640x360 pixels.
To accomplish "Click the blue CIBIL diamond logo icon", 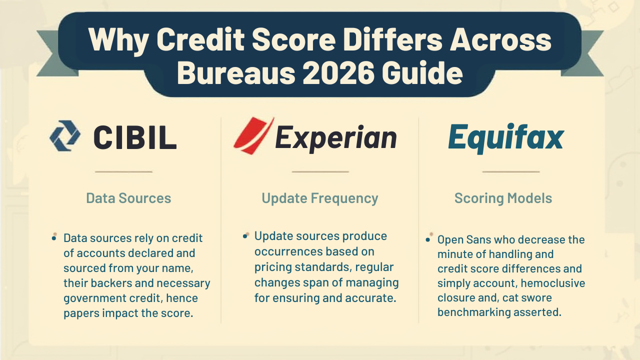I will (65, 135).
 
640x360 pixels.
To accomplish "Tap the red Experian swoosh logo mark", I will (253, 135).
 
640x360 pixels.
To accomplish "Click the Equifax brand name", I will (505, 137).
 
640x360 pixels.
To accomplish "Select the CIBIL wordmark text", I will (135, 137).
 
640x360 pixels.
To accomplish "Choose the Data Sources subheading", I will (128, 198).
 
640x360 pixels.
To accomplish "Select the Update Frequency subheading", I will (320, 198).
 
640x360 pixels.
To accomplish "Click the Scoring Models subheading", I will (503, 198).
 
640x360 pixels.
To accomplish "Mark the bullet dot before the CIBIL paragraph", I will (54, 237).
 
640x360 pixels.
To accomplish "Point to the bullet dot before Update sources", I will (245, 235).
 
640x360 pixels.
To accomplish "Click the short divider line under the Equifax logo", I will (510, 171).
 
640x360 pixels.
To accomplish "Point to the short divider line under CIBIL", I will (123, 171).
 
